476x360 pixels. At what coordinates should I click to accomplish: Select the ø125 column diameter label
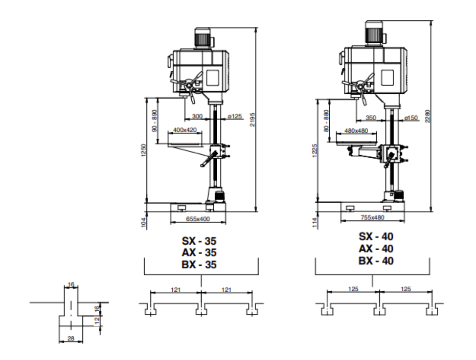coord(235,117)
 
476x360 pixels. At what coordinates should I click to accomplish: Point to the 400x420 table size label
coord(185,130)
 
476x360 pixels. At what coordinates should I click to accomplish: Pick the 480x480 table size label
coord(356,131)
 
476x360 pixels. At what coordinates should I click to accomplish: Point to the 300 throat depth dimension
coord(197,117)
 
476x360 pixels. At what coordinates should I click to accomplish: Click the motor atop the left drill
coord(202,37)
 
